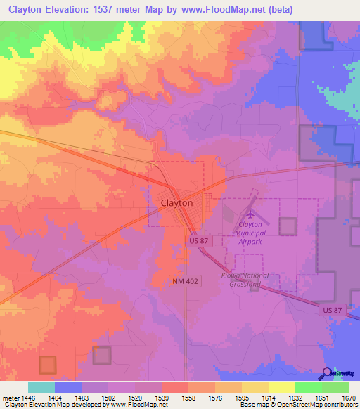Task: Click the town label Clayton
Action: [172, 202]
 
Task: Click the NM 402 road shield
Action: [185, 280]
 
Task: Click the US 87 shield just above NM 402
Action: [200, 241]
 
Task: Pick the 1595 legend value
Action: [242, 397]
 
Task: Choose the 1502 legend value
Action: [108, 397]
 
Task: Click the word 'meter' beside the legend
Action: [8, 397]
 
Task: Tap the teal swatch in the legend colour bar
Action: [41, 387]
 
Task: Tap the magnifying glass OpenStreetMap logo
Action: [328, 372]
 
